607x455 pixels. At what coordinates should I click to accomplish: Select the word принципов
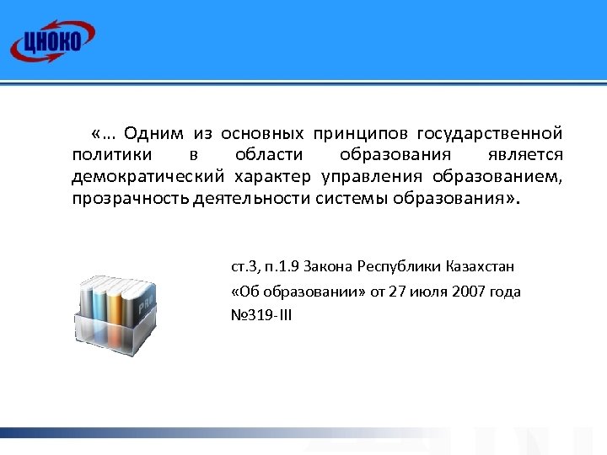(x=348, y=134)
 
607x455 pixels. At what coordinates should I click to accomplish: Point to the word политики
(x=112, y=156)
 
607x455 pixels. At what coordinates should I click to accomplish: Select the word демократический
(x=148, y=178)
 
